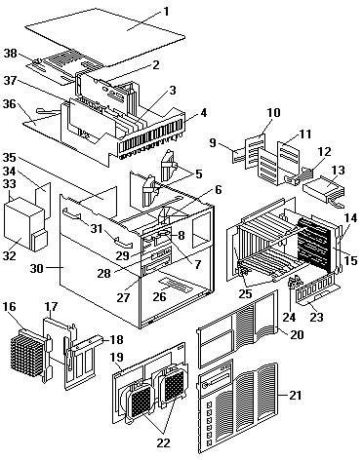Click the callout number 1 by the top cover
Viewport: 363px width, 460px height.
click(x=166, y=12)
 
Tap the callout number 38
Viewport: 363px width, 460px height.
click(x=11, y=53)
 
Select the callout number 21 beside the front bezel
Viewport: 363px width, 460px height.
click(x=296, y=396)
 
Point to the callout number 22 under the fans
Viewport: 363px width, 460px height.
click(x=164, y=442)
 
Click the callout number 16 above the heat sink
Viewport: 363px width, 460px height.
click(x=10, y=306)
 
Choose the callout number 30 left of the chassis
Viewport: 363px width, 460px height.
click(x=37, y=268)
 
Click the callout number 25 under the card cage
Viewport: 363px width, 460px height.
click(x=245, y=293)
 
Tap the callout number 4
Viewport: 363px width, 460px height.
click(x=203, y=113)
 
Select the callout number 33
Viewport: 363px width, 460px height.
click(x=10, y=184)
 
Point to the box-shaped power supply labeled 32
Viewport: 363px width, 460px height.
click(x=24, y=222)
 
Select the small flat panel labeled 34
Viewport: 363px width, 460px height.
click(x=43, y=200)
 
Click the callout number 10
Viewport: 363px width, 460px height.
click(x=273, y=113)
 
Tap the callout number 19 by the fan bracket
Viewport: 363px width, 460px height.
click(x=117, y=357)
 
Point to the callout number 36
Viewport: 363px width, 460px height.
click(x=10, y=104)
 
